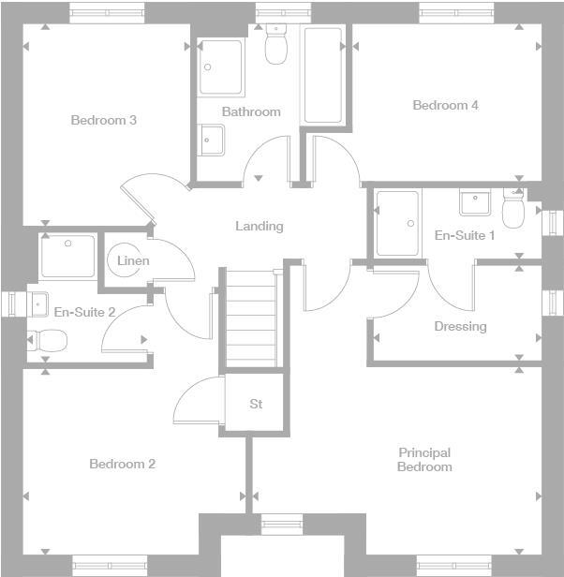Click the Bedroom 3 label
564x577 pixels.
click(x=104, y=120)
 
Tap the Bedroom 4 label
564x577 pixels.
click(x=445, y=105)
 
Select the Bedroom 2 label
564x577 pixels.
click(x=122, y=464)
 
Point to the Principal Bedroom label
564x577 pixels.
click(x=424, y=459)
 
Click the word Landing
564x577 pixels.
click(x=259, y=226)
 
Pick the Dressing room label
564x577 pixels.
click(x=460, y=326)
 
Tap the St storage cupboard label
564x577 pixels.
click(x=256, y=405)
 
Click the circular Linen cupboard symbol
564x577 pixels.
click(x=126, y=261)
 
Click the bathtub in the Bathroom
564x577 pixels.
click(x=322, y=75)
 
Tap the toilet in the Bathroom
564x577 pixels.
click(x=275, y=45)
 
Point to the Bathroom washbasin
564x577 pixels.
click(x=211, y=139)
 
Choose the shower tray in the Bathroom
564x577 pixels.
click(x=221, y=67)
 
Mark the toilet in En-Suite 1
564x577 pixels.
click(x=512, y=212)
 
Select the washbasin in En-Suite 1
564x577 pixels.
click(x=475, y=201)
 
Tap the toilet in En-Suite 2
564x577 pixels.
click(x=47, y=340)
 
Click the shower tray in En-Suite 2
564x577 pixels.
click(x=67, y=256)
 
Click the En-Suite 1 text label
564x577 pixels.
click(x=465, y=235)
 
